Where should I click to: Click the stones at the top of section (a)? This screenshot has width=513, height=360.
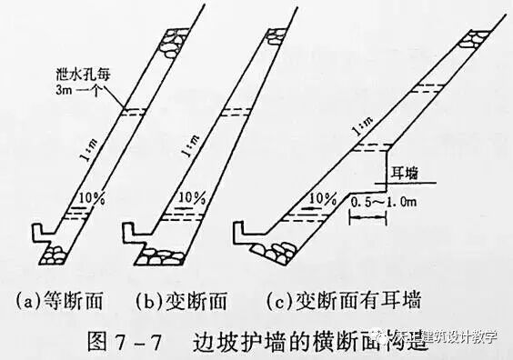click(170, 40)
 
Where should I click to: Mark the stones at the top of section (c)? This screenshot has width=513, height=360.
click(478, 39)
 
